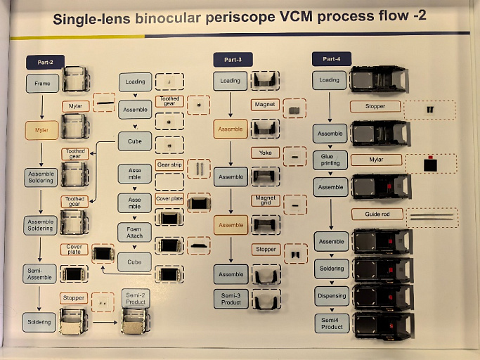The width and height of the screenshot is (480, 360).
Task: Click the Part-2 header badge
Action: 46,63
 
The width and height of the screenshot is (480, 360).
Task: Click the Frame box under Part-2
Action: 42,84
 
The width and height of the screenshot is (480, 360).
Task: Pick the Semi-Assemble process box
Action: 41,274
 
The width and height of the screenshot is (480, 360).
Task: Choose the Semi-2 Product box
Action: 136,298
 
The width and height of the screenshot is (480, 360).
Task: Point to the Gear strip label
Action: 169,165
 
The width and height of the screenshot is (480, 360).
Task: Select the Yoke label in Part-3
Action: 265,153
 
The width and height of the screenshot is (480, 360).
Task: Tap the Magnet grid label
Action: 265,200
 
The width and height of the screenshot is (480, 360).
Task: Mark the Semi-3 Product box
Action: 231,298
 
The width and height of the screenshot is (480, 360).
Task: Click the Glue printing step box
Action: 330,160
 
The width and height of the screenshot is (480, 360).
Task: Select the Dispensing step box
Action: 332,295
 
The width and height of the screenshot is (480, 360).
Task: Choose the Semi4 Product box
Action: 332,323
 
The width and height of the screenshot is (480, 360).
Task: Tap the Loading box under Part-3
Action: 231,81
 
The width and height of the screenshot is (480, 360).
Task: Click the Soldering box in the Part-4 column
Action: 332,268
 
